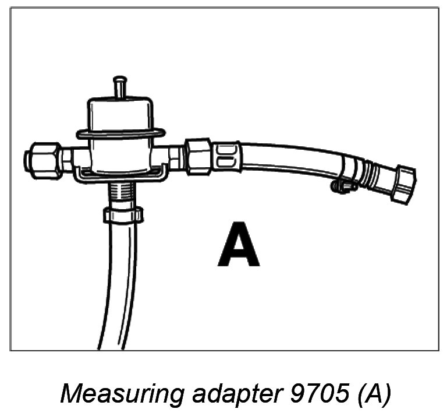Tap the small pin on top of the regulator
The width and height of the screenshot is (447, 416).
(120, 86)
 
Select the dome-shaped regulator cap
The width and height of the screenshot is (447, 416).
(120, 112)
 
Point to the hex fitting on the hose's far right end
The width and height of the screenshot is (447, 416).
(403, 184)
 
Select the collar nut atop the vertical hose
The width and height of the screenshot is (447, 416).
(123, 214)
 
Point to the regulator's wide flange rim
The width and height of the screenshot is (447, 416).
(120, 135)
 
